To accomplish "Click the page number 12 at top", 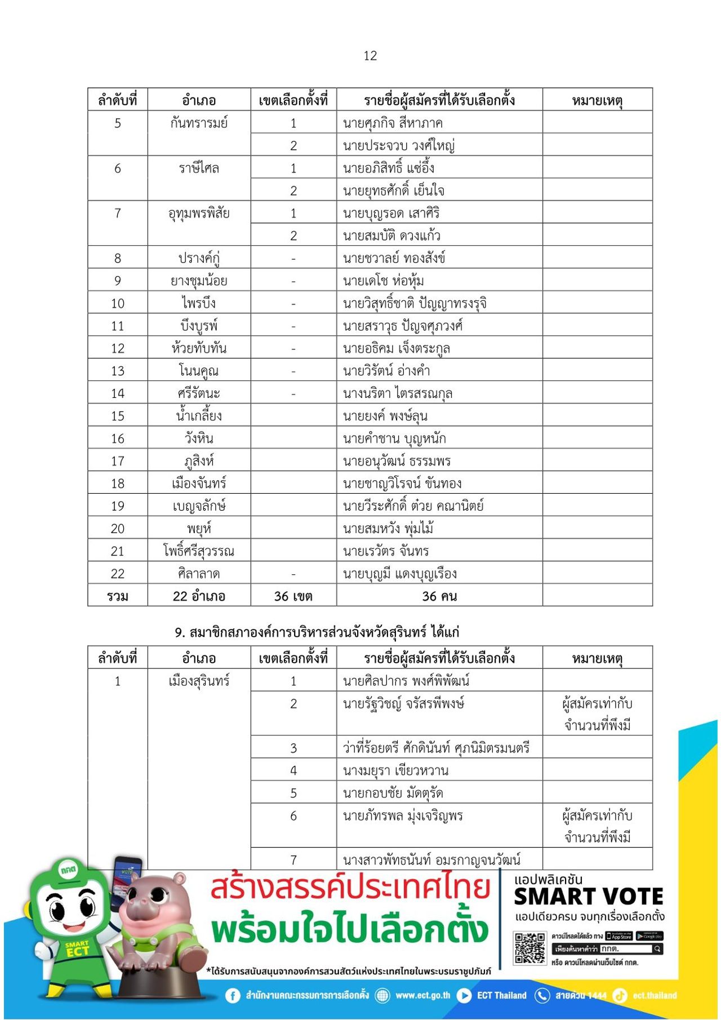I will click(370, 56).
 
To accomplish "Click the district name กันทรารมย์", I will click(199, 123).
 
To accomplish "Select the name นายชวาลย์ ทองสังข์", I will click(394, 258).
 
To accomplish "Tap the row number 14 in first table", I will click(117, 393).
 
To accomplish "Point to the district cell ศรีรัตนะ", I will click(199, 393).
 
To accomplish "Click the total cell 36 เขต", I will click(293, 596).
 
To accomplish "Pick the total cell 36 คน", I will click(439, 596).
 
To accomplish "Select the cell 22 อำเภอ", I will click(199, 596).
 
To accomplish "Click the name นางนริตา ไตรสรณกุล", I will click(397, 393).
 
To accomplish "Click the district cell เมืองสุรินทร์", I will click(199, 681).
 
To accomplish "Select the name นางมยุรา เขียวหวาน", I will click(395, 770).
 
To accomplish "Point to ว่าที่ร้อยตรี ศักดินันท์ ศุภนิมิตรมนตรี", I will click(436, 748).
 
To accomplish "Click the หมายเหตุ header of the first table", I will click(597, 100).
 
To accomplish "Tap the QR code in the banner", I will click(529, 948).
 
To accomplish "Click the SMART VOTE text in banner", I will click(588, 897).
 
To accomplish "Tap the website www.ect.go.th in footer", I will click(422, 995).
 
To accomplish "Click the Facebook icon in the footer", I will click(233, 996).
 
